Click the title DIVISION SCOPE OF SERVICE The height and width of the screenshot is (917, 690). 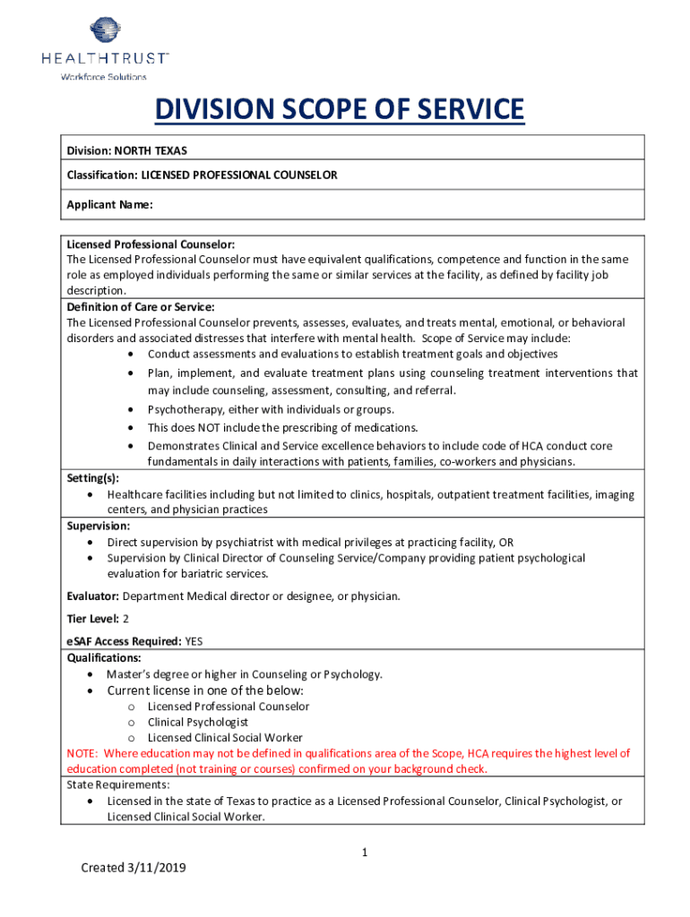click(339, 111)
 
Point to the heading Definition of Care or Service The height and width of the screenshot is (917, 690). click(141, 306)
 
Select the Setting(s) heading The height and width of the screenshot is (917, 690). click(93, 478)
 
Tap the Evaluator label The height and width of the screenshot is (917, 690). click(93, 596)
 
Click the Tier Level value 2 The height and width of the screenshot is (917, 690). click(126, 619)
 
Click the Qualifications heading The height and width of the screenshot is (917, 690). click(103, 657)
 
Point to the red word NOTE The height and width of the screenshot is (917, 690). click(82, 753)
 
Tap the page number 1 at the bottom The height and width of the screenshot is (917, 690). click(365, 853)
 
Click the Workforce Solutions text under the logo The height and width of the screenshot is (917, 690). click(103, 77)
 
